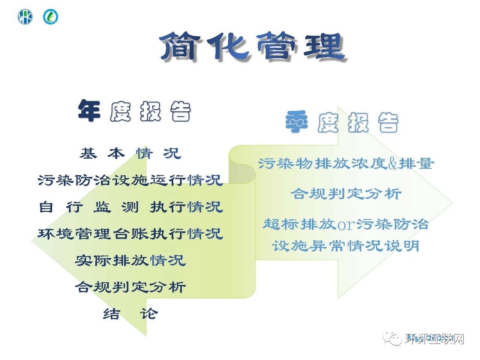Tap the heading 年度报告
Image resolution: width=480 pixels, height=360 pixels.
tap(134, 111)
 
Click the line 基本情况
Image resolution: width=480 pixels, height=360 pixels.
tap(130, 153)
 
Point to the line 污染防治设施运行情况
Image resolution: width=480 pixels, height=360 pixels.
tap(130, 180)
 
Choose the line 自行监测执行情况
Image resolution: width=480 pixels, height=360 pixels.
tap(130, 207)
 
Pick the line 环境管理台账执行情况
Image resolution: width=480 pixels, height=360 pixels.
tap(130, 234)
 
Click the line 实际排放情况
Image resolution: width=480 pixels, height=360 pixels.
tap(130, 260)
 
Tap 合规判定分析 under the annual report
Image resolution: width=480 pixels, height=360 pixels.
tap(130, 287)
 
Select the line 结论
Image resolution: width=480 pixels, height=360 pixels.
tap(130, 313)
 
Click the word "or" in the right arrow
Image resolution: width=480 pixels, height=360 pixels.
tap(346, 225)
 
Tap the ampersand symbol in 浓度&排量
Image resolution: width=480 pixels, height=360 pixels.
tap(393, 164)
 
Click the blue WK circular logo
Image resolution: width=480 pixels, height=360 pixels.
tap(25, 17)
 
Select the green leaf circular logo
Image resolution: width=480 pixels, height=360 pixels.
tap(51, 17)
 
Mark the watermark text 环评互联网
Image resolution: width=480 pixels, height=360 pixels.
tap(435, 339)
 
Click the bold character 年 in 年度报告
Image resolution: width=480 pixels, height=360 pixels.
tap(89, 111)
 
